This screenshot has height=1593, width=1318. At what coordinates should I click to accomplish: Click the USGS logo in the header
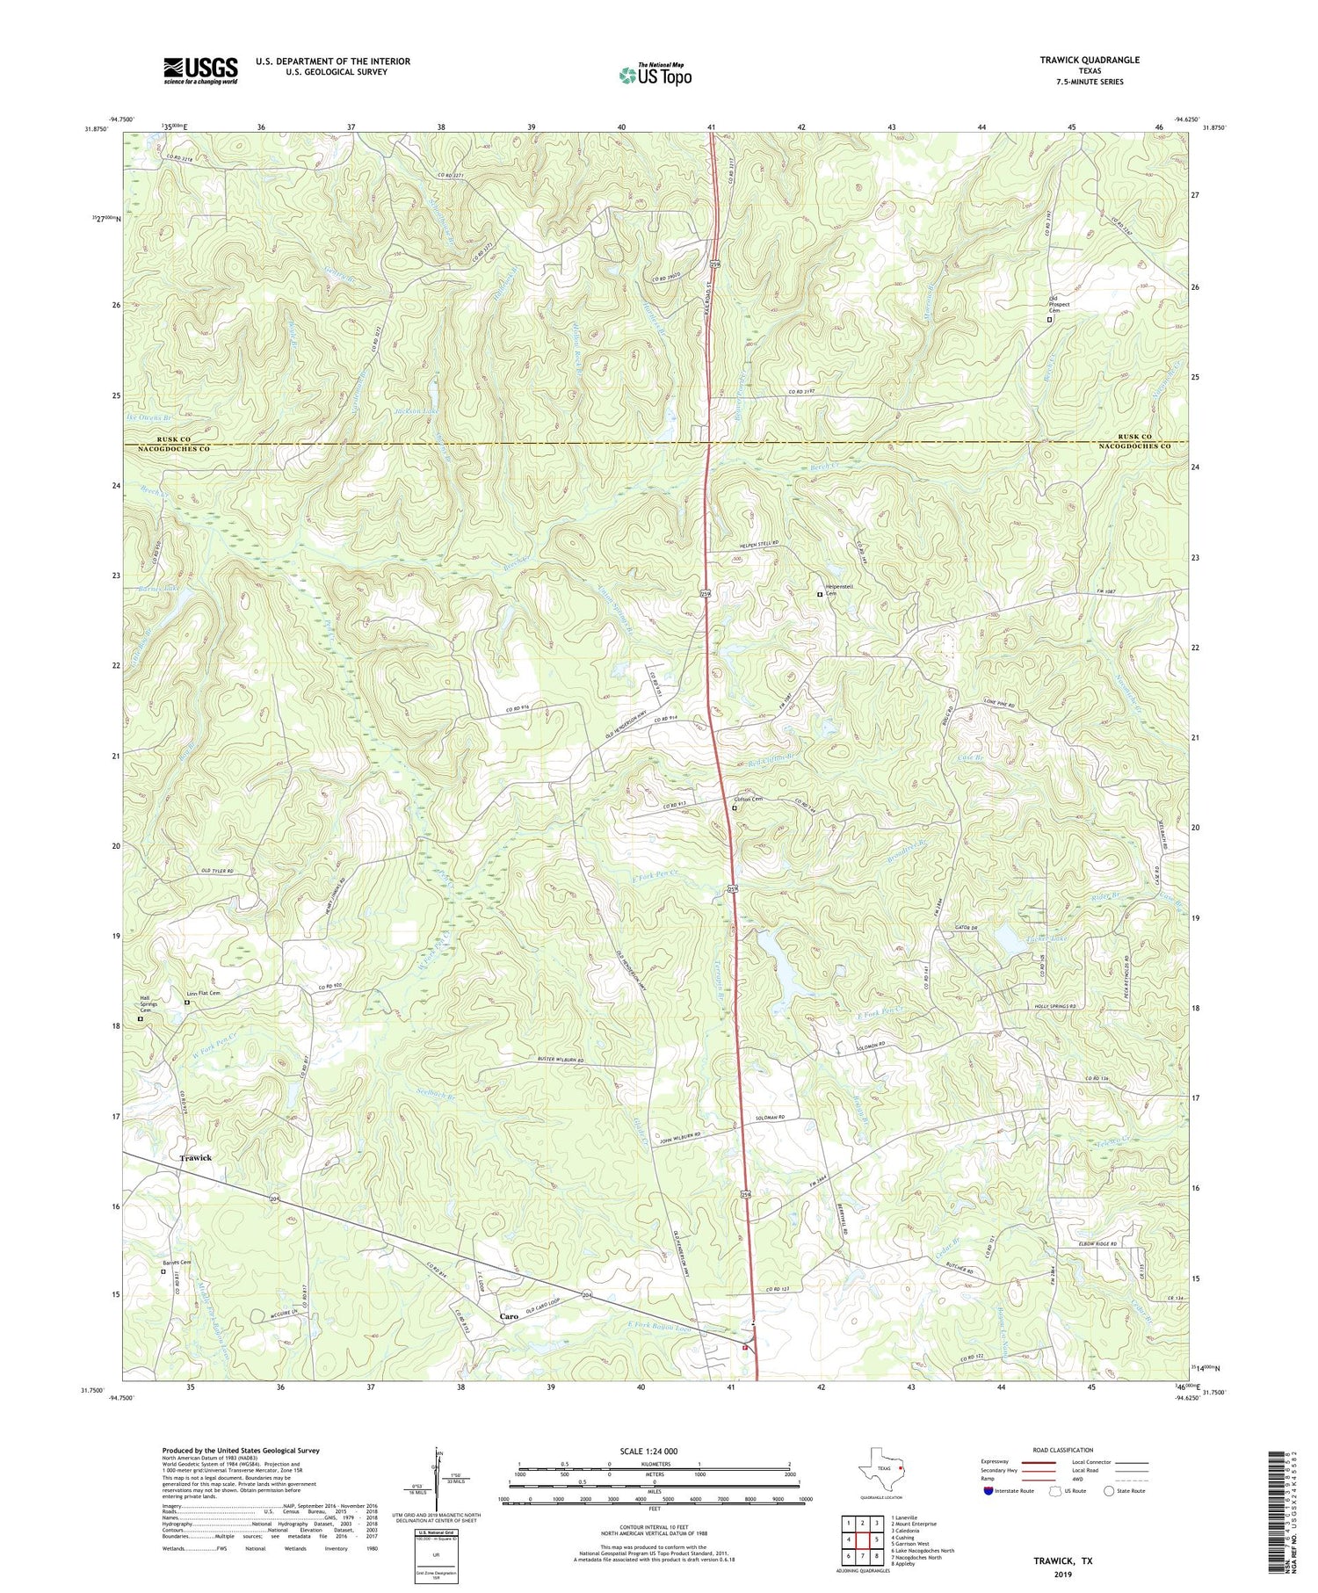pos(200,70)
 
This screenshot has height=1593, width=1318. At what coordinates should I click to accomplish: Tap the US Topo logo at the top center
pos(655,75)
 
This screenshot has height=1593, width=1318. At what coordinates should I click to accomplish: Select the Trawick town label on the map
pos(196,1158)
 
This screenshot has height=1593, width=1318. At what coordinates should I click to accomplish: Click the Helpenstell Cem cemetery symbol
pos(820,595)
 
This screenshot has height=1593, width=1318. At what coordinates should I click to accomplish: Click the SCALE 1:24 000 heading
pos(655,1451)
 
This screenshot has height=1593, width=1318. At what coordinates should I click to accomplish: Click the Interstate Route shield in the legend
pos(988,1491)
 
